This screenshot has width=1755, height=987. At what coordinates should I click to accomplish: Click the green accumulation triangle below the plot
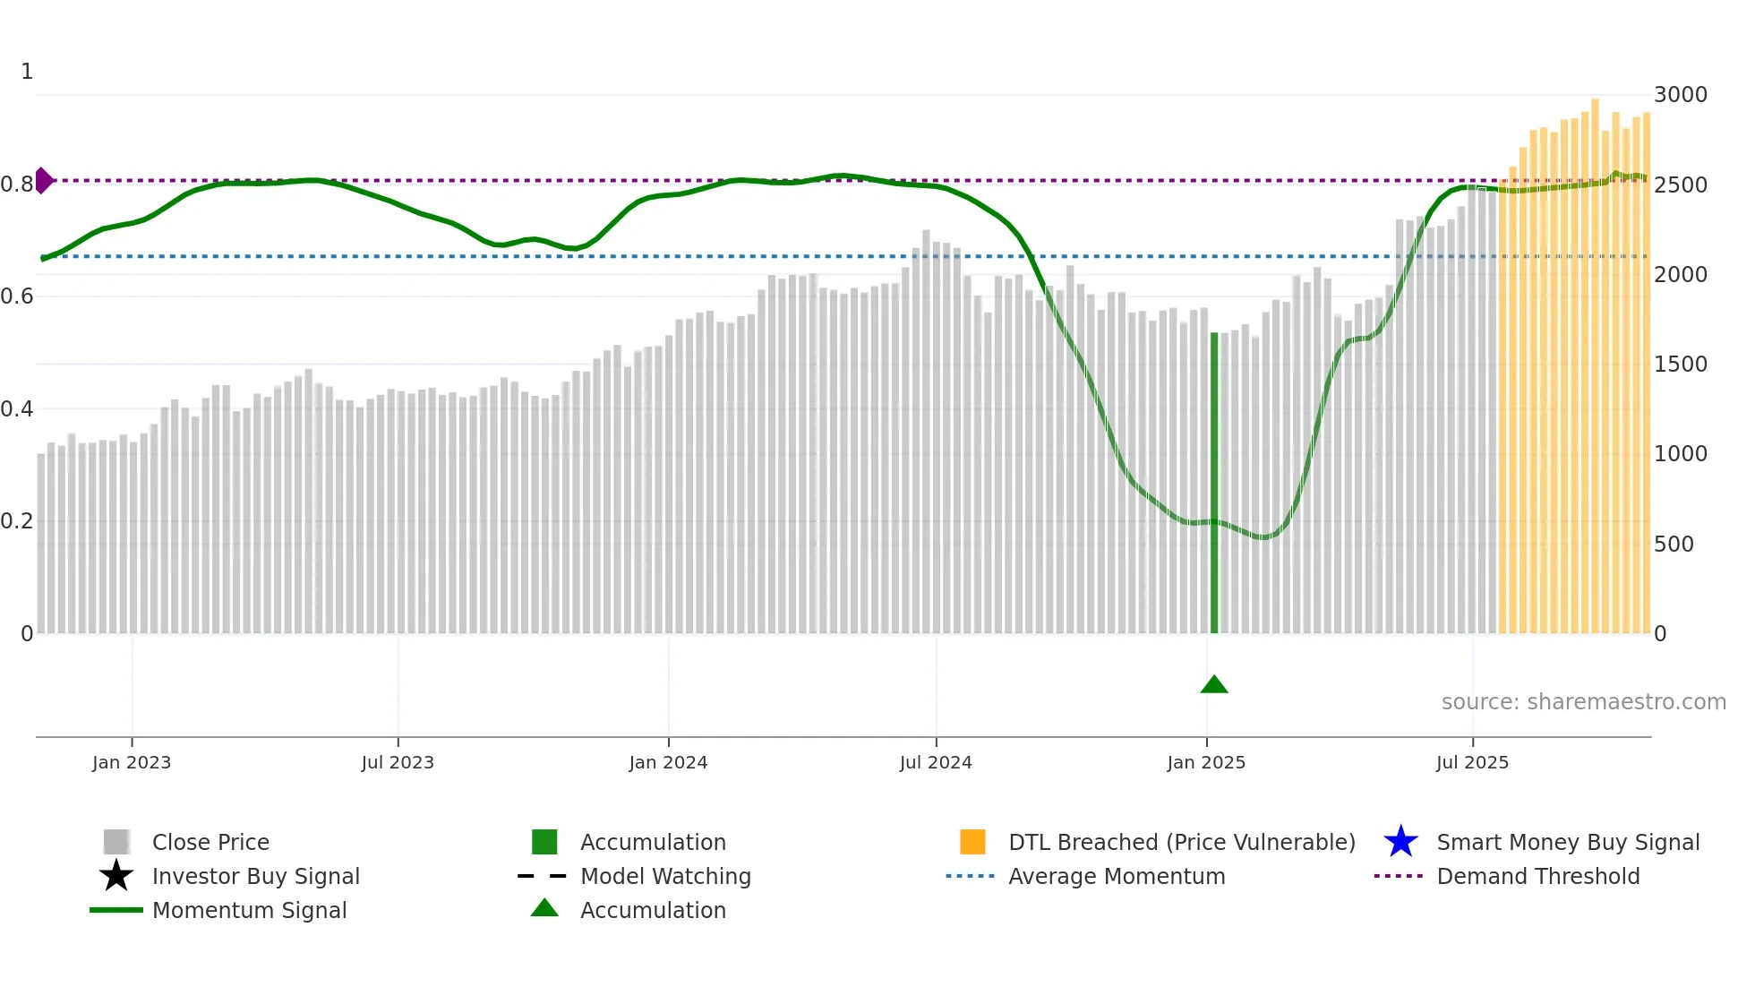tap(1213, 684)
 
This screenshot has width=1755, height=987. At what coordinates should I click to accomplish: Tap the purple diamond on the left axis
tap(43, 180)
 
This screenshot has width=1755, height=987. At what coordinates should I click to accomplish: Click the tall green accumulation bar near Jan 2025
tap(1214, 484)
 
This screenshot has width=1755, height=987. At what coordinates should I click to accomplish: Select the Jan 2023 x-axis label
tap(132, 762)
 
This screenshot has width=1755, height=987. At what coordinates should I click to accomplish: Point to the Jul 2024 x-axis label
tap(936, 762)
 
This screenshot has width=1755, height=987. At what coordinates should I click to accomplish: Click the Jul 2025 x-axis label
tap(1472, 762)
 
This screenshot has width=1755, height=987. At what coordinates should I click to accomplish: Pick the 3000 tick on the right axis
tap(1680, 95)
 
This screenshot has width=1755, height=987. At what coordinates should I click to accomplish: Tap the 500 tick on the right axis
tap(1673, 544)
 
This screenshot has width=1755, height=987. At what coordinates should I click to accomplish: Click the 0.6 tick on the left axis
tap(17, 296)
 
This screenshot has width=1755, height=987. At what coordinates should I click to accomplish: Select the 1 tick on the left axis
tap(27, 72)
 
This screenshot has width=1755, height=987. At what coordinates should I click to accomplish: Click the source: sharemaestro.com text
tap(1583, 701)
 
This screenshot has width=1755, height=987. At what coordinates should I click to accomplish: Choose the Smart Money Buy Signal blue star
tap(1400, 842)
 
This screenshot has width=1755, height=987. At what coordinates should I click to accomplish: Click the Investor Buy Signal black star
tap(116, 876)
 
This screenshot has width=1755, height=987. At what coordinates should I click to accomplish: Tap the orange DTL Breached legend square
tap(972, 842)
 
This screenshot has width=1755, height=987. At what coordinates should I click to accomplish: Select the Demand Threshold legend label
tap(1537, 876)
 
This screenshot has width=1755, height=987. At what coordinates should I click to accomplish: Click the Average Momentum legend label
tap(1117, 876)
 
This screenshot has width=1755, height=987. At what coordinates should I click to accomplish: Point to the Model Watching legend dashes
tap(543, 876)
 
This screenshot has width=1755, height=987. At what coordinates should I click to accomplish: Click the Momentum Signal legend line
tap(116, 910)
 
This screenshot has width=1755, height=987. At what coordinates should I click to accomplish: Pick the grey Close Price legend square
tap(116, 842)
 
